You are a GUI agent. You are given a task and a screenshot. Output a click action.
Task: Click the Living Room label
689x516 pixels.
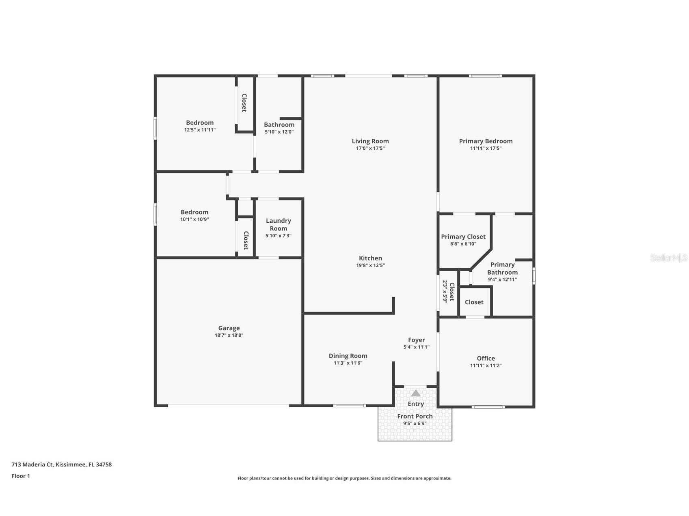[x=370, y=141]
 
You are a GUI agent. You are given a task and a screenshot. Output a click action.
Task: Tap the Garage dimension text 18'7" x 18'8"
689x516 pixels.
[x=229, y=335]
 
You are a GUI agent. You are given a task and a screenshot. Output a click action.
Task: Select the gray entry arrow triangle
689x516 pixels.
[x=415, y=393]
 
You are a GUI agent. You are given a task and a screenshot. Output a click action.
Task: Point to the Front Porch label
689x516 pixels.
[x=415, y=416]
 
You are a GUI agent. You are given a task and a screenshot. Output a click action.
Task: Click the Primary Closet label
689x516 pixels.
[x=463, y=236]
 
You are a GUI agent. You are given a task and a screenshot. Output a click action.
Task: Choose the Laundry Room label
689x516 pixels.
[x=279, y=224]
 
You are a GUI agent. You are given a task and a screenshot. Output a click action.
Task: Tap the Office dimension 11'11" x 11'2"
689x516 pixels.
[x=486, y=365]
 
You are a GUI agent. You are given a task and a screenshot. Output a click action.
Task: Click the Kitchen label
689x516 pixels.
[x=370, y=258]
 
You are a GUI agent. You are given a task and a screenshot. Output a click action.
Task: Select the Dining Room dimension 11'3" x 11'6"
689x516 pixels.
[x=348, y=363]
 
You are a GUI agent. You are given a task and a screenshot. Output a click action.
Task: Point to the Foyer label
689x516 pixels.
[x=416, y=340]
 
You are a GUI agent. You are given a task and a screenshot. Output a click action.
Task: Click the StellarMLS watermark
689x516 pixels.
[x=668, y=258]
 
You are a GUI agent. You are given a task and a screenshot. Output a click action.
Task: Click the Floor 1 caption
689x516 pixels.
[x=21, y=476]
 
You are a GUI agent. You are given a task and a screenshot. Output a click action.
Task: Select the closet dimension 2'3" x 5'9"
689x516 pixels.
[x=445, y=292]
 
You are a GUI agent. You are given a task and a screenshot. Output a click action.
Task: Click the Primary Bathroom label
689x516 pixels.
[x=502, y=268]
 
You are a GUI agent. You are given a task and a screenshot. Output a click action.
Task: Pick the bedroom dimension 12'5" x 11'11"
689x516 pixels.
[x=200, y=130]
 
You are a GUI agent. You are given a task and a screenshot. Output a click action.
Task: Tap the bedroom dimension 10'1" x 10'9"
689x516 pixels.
[x=194, y=219]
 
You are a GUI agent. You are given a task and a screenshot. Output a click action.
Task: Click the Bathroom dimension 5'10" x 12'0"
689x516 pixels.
[x=279, y=132]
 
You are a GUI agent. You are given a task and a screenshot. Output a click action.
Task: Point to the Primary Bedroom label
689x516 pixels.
[x=486, y=141]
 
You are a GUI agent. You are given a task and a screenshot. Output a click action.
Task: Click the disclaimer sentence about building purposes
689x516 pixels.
[x=344, y=478]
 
